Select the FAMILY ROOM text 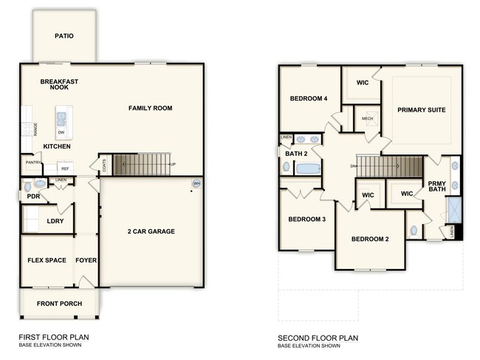(x=150, y=108)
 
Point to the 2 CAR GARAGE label (x=150, y=231)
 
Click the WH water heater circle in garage (x=196, y=183)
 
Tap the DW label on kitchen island (x=61, y=132)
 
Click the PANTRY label (x=32, y=162)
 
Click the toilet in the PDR (x=28, y=186)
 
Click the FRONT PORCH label (x=55, y=304)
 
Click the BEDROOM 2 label (x=370, y=239)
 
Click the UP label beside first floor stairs (x=173, y=164)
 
